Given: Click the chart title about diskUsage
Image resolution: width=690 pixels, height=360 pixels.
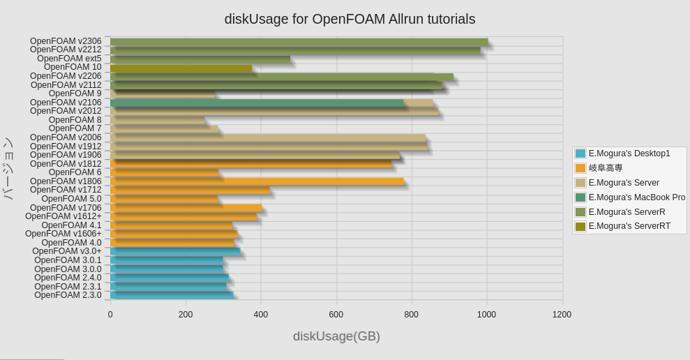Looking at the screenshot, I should tap(350, 19).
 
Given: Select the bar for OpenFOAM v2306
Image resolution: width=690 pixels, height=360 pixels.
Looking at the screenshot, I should tap(299, 42).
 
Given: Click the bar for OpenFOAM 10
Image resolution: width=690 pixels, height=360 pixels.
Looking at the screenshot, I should tap(181, 68).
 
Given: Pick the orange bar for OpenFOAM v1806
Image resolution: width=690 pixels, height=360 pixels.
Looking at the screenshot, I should tap(257, 181).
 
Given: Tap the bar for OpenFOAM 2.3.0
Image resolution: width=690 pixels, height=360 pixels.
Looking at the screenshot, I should tap(172, 295).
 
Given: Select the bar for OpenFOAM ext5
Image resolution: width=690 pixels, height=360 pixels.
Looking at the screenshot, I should tap(200, 59).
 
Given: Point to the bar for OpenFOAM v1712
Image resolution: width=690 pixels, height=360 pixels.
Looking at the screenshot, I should tap(190, 190).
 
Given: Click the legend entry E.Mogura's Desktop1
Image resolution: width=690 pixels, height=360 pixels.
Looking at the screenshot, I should tap(629, 153).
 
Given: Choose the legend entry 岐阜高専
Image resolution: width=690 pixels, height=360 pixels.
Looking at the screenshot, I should tap(605, 168).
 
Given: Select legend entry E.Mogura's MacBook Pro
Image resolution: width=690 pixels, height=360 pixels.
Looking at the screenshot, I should tap(636, 197).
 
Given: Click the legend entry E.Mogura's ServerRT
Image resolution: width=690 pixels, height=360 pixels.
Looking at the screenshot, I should tap(629, 226).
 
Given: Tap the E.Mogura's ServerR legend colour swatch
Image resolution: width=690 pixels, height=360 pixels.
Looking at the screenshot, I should tap(580, 212).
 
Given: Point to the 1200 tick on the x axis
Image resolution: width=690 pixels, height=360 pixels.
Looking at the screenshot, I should tap(562, 315).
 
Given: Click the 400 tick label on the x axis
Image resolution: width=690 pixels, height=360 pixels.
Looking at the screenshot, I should tap(261, 315).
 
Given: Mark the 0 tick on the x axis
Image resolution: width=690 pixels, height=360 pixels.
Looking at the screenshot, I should tap(110, 315).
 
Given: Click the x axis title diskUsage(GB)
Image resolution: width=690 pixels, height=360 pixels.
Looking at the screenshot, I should tap(336, 336).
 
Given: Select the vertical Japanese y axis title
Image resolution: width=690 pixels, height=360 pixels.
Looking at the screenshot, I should tap(8, 168).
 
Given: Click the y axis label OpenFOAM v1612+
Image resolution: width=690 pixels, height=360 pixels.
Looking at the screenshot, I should tap(63, 216).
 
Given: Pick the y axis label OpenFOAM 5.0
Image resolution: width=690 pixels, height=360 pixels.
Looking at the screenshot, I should tap(72, 199).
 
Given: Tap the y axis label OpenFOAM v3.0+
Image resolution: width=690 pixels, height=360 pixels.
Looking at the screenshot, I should tap(67, 251).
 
